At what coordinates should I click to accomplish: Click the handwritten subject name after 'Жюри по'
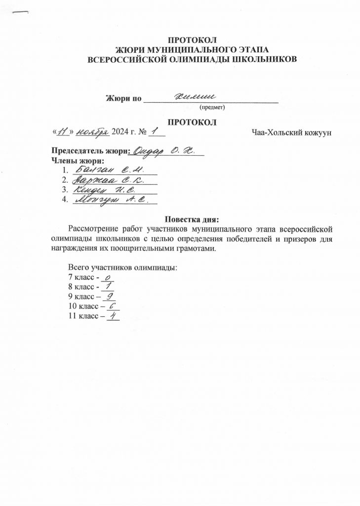(197, 97)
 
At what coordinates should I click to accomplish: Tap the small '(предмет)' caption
(211, 107)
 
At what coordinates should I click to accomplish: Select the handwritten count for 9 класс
(110, 297)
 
